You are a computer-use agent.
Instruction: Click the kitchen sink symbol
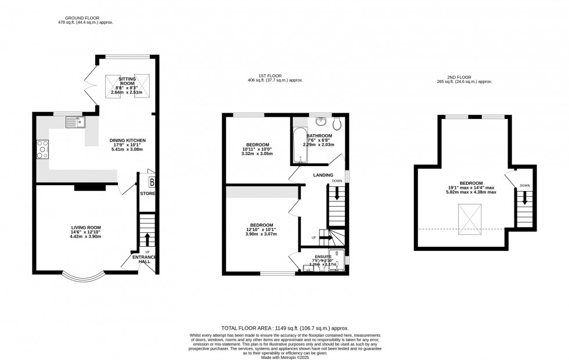[x=74, y=122]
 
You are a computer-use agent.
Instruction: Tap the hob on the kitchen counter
[x=42, y=150]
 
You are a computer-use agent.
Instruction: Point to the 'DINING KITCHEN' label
[x=128, y=141]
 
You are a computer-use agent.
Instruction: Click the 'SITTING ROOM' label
[x=127, y=81]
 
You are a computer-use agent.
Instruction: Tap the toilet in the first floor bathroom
[x=338, y=123]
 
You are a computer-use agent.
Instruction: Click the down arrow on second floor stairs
[x=524, y=198]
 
